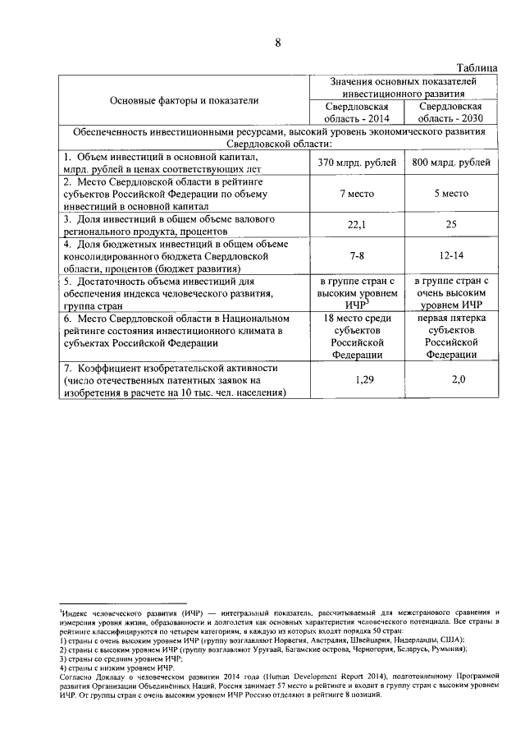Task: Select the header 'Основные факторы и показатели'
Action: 185,100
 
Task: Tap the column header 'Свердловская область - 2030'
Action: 449,112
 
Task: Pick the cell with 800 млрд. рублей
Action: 449,163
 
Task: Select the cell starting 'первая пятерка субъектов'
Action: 449,336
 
